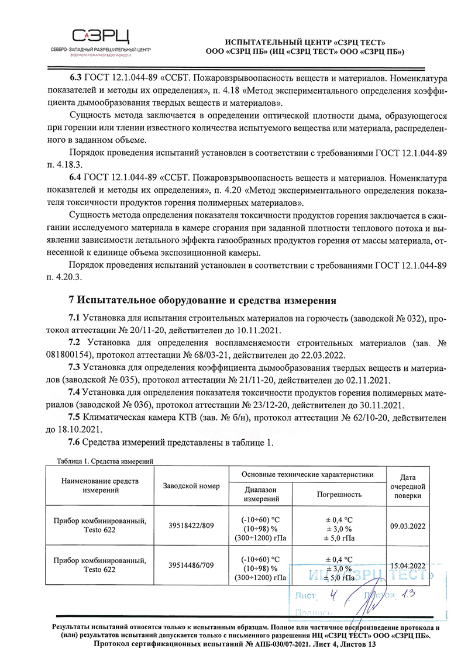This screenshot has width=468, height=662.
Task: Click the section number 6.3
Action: pos(77,77)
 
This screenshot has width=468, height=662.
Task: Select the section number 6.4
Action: pos(77,176)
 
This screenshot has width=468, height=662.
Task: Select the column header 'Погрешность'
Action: pos(339,494)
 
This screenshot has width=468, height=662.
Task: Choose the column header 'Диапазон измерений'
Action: pos(260,494)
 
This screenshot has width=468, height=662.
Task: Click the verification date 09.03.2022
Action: pos(408,526)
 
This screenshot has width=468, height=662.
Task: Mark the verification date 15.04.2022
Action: pos(408,566)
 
